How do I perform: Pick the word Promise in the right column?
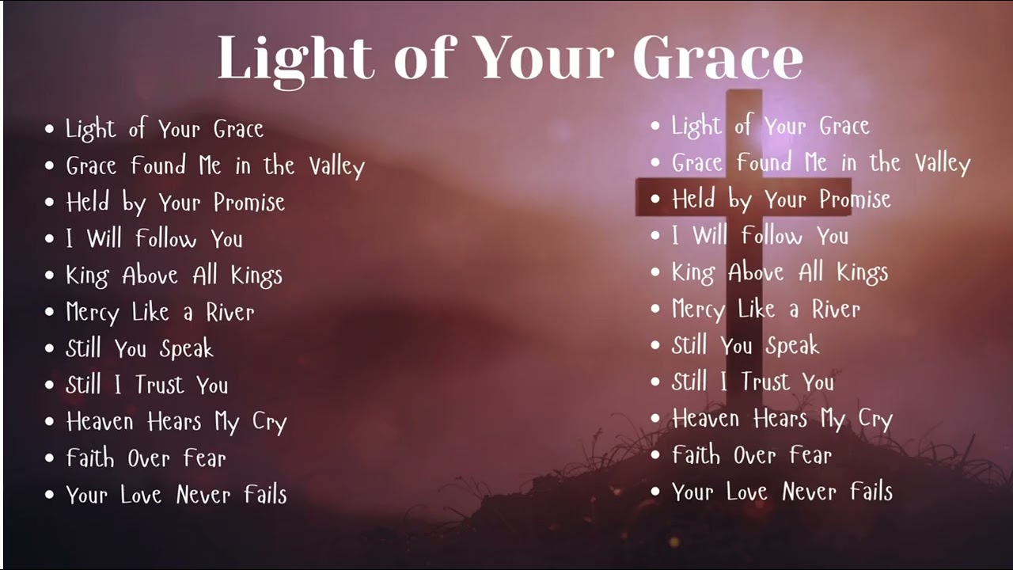[x=855, y=199]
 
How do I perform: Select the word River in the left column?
[x=230, y=312]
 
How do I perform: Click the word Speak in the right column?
[x=792, y=346]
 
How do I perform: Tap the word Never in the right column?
[x=810, y=492]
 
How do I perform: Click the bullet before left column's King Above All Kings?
[x=50, y=275]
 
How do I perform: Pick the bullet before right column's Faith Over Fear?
[x=655, y=455]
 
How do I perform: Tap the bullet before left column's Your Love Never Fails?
[x=50, y=496]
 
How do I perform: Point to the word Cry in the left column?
[x=269, y=423]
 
